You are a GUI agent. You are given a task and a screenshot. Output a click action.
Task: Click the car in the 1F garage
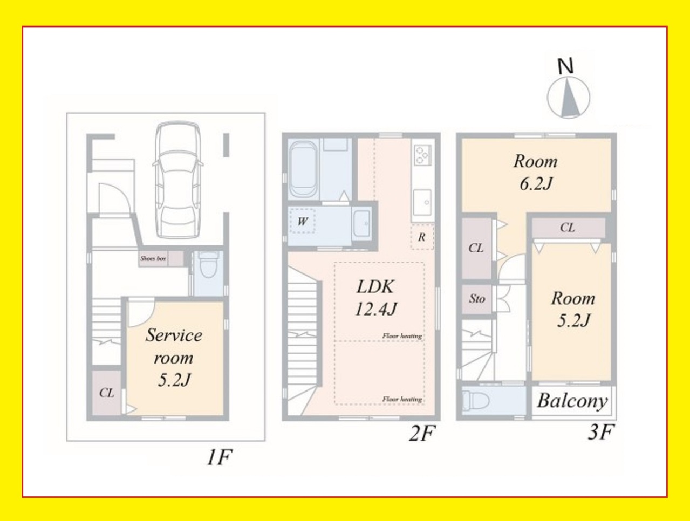click(178, 180)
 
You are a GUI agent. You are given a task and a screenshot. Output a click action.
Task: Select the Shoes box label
click(153, 259)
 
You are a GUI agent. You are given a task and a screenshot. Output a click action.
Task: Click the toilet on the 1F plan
click(208, 264)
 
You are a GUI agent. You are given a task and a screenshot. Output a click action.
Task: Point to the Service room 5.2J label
click(174, 357)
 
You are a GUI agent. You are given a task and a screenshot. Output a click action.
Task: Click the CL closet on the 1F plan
click(107, 393)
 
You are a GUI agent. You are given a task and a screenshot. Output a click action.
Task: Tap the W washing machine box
click(302, 221)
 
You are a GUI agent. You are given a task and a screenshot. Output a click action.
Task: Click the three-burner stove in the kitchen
click(421, 155)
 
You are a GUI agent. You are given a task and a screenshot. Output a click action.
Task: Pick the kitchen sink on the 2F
click(422, 203)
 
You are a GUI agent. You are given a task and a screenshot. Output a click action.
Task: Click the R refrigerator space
click(422, 237)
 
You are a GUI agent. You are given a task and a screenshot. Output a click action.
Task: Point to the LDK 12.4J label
click(375, 297)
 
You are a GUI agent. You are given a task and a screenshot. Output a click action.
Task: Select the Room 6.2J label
click(535, 173)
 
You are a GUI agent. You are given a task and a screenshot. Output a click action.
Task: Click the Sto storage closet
click(477, 299)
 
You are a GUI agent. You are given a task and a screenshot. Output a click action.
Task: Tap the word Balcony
click(572, 401)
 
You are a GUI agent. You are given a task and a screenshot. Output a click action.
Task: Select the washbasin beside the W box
click(362, 224)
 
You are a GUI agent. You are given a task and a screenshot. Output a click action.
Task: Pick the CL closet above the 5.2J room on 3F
click(568, 228)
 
